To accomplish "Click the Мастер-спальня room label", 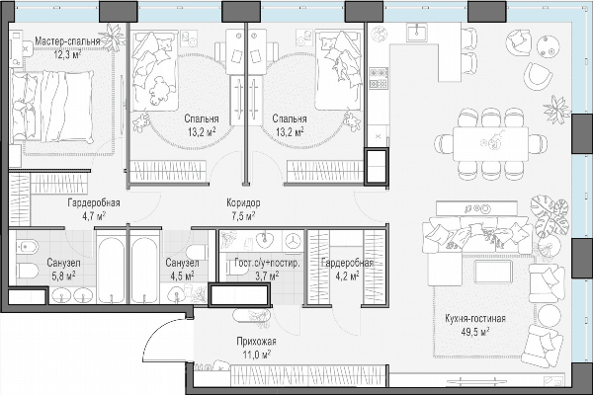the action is pos(67,41).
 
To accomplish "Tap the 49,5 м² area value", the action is pos(475,332).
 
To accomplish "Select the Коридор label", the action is pos(243,203).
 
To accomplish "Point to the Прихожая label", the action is pos(256,342).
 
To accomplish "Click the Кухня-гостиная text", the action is pos(475,319).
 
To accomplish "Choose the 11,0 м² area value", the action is pos(256,355).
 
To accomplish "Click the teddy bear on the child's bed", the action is pos(161,90).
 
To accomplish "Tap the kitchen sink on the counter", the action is pos(417,32).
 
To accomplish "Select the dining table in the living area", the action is pos(490,144).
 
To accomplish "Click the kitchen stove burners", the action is pos(379,78).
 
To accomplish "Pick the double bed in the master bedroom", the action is pos(51,107).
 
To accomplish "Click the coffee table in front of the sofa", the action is pos(493,272).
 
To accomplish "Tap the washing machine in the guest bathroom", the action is pos(293,241).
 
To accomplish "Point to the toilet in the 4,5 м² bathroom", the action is pos(198,252).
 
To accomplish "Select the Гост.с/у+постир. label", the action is pos(267,263).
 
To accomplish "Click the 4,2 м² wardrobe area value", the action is pos(347,276).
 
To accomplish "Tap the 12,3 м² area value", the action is pos(67,54).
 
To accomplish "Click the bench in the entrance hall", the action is pos(251,315).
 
